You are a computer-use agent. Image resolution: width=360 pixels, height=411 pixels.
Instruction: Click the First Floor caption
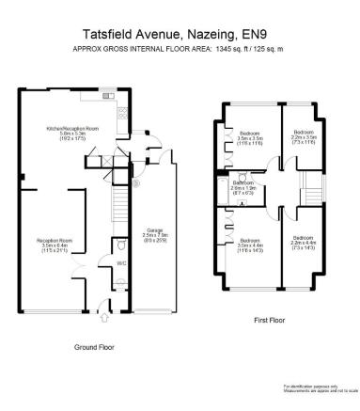click(x=271, y=320)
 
